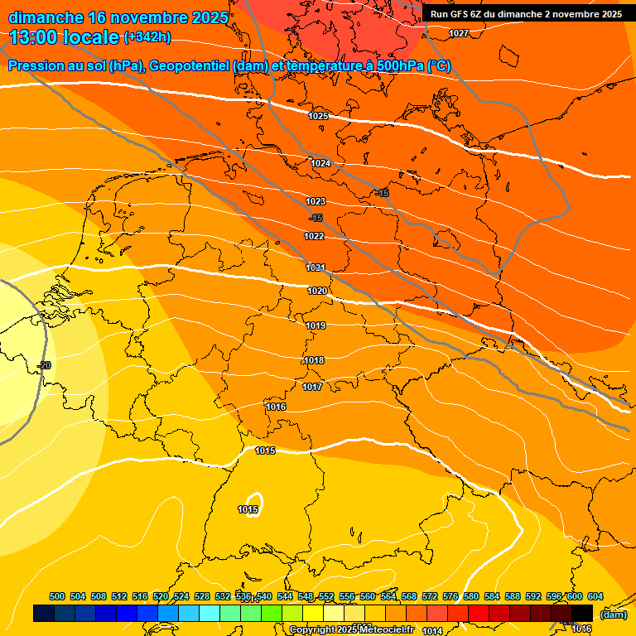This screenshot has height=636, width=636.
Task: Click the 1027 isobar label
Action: [459, 33]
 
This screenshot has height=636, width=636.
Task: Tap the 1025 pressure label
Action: [318, 116]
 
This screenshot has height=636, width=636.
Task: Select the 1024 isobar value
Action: [320, 163]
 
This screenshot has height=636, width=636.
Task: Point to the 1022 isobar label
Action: [314, 236]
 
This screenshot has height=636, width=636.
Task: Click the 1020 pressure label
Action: [317, 291]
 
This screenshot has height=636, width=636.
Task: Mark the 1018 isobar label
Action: [314, 360]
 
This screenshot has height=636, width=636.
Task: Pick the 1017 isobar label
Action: [312, 387]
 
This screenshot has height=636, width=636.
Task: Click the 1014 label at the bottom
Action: [431, 631]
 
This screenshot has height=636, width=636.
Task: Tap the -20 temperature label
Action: [44, 365]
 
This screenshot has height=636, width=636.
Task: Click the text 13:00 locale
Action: [64, 37]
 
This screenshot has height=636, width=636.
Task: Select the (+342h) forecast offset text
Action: [148, 37]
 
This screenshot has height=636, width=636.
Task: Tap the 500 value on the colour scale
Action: [57, 596]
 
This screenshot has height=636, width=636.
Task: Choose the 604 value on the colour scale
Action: [595, 596]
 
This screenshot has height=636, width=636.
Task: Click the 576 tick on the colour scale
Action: [450, 596]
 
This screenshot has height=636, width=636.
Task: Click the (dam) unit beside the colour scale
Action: [614, 614]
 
